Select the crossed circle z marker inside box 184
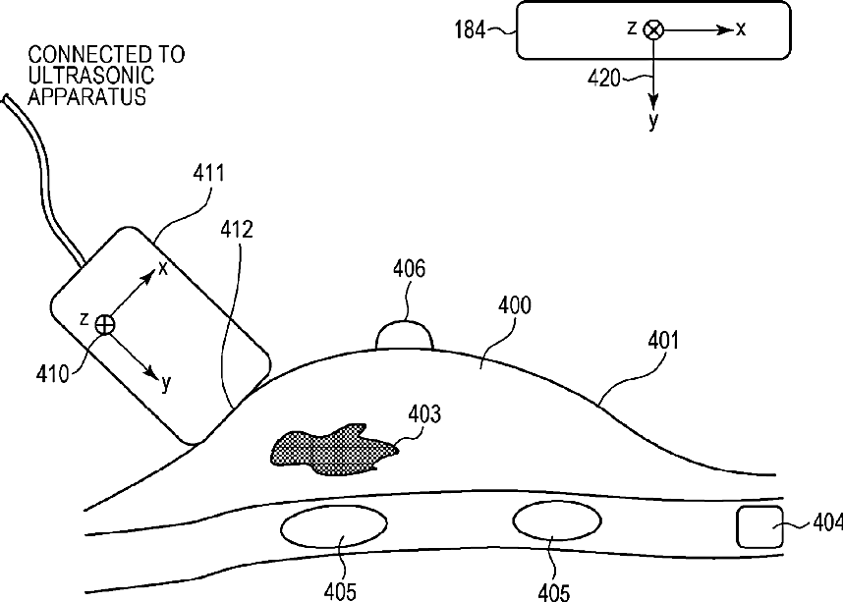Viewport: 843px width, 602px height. tap(653, 30)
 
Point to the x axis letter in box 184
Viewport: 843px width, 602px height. tap(741, 29)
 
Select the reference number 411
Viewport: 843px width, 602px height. tap(208, 175)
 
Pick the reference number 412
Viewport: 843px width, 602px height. tap(237, 232)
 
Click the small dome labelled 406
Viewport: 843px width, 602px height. tap(405, 335)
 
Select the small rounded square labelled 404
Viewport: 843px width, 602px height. tap(760, 527)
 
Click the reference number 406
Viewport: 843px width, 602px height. tap(409, 268)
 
